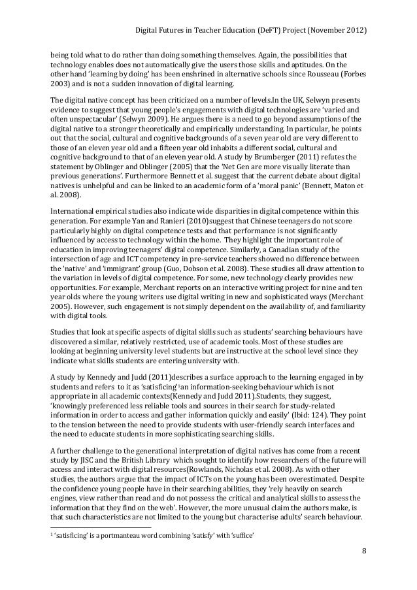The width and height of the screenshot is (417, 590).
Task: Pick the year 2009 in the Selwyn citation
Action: tap(151, 120)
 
